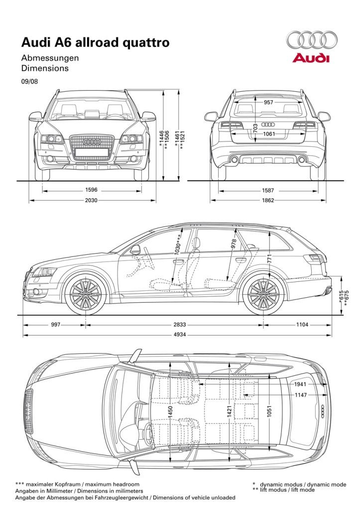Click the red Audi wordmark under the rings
click(x=311, y=58)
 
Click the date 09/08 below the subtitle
click(x=29, y=81)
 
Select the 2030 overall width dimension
click(x=91, y=200)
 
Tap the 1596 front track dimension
click(x=92, y=190)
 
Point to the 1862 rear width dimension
click(x=268, y=200)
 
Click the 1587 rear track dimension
click(x=268, y=190)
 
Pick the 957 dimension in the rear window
click(x=268, y=103)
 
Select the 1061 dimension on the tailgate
click(x=269, y=133)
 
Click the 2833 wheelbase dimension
click(x=180, y=324)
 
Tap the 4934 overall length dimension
click(x=180, y=334)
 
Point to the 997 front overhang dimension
click(x=56, y=324)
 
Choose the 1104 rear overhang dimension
click(x=302, y=324)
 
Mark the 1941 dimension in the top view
click(x=300, y=384)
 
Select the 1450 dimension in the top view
click(x=170, y=412)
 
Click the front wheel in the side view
click(x=86, y=294)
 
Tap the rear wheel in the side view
click(x=263, y=294)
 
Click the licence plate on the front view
click(x=92, y=152)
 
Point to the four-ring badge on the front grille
click(x=92, y=142)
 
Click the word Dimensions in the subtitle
click(x=45, y=68)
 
